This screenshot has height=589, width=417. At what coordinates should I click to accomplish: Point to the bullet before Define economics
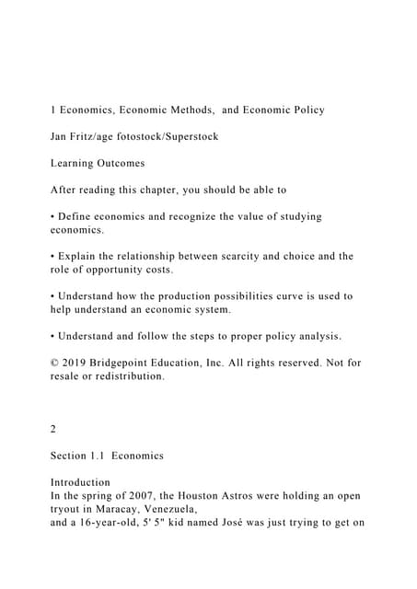[x=52, y=216]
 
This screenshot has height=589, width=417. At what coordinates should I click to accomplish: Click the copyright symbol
[x=54, y=363]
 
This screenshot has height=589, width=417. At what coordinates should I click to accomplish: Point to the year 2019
[x=76, y=363]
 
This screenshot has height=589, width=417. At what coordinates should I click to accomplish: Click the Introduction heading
[x=80, y=482]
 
